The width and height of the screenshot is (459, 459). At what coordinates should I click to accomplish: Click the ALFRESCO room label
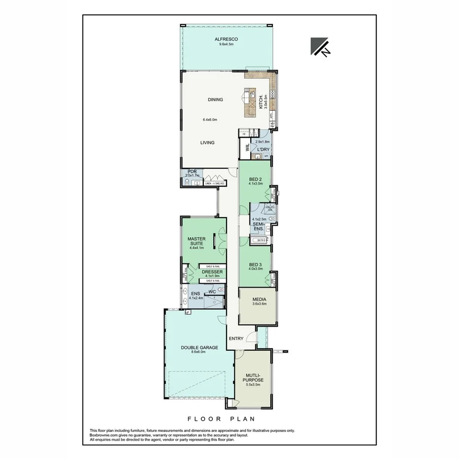point(226,39)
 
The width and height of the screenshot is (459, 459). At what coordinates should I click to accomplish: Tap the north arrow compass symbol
point(320,47)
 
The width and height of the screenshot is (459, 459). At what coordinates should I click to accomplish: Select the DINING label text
point(215,99)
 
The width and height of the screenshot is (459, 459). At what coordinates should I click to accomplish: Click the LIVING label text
point(207,143)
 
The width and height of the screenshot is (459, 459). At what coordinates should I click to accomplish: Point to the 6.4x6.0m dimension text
point(210,120)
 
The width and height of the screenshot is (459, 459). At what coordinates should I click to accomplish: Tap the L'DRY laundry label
point(262,149)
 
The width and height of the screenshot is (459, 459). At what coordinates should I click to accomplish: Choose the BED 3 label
point(255,263)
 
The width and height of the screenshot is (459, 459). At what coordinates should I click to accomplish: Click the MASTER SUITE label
point(197,241)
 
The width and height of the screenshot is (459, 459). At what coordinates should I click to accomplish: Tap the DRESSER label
point(212,271)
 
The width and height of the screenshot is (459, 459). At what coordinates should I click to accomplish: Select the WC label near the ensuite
point(212,292)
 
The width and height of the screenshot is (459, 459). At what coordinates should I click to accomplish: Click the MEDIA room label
point(259,299)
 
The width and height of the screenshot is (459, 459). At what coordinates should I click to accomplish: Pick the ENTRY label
point(236,338)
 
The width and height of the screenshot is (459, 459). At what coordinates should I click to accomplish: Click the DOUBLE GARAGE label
point(199,347)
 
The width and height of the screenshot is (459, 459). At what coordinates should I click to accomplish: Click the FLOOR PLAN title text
point(221,419)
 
